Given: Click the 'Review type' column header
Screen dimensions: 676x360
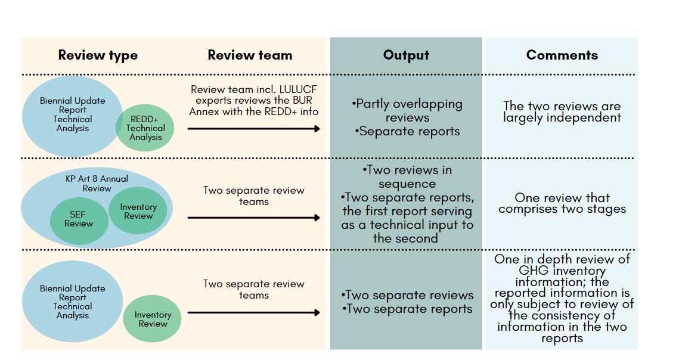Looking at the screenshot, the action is (x=98, y=55).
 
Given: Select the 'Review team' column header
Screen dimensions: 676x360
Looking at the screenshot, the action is (x=250, y=55).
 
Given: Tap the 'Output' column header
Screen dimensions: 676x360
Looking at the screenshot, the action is (x=406, y=55).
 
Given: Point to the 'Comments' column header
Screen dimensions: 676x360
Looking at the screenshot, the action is (x=562, y=55).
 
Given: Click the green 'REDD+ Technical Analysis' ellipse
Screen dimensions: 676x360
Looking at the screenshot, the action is (x=145, y=128).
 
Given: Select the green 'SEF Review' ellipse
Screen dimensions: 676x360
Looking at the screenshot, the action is (x=79, y=220).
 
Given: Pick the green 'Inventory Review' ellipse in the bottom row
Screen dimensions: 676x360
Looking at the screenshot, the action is (x=152, y=319).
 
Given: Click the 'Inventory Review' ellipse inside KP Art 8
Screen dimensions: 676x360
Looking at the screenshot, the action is (x=138, y=211).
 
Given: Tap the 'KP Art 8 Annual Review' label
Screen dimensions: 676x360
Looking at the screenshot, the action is (x=97, y=183).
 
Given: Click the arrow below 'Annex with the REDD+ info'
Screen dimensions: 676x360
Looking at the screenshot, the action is (x=254, y=129).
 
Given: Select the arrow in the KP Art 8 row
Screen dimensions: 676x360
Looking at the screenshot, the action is (x=254, y=218).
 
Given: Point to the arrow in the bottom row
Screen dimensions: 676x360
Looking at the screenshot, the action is (x=254, y=312).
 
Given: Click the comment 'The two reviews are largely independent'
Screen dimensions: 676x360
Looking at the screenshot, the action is (x=562, y=111).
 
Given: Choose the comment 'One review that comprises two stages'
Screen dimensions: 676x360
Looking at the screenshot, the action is (x=562, y=203).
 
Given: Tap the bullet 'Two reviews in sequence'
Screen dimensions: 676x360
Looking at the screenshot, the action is (x=407, y=177).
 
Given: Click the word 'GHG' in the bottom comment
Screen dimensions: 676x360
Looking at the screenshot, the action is (x=534, y=271).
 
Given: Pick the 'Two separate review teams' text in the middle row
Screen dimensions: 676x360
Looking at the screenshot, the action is (x=254, y=195).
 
